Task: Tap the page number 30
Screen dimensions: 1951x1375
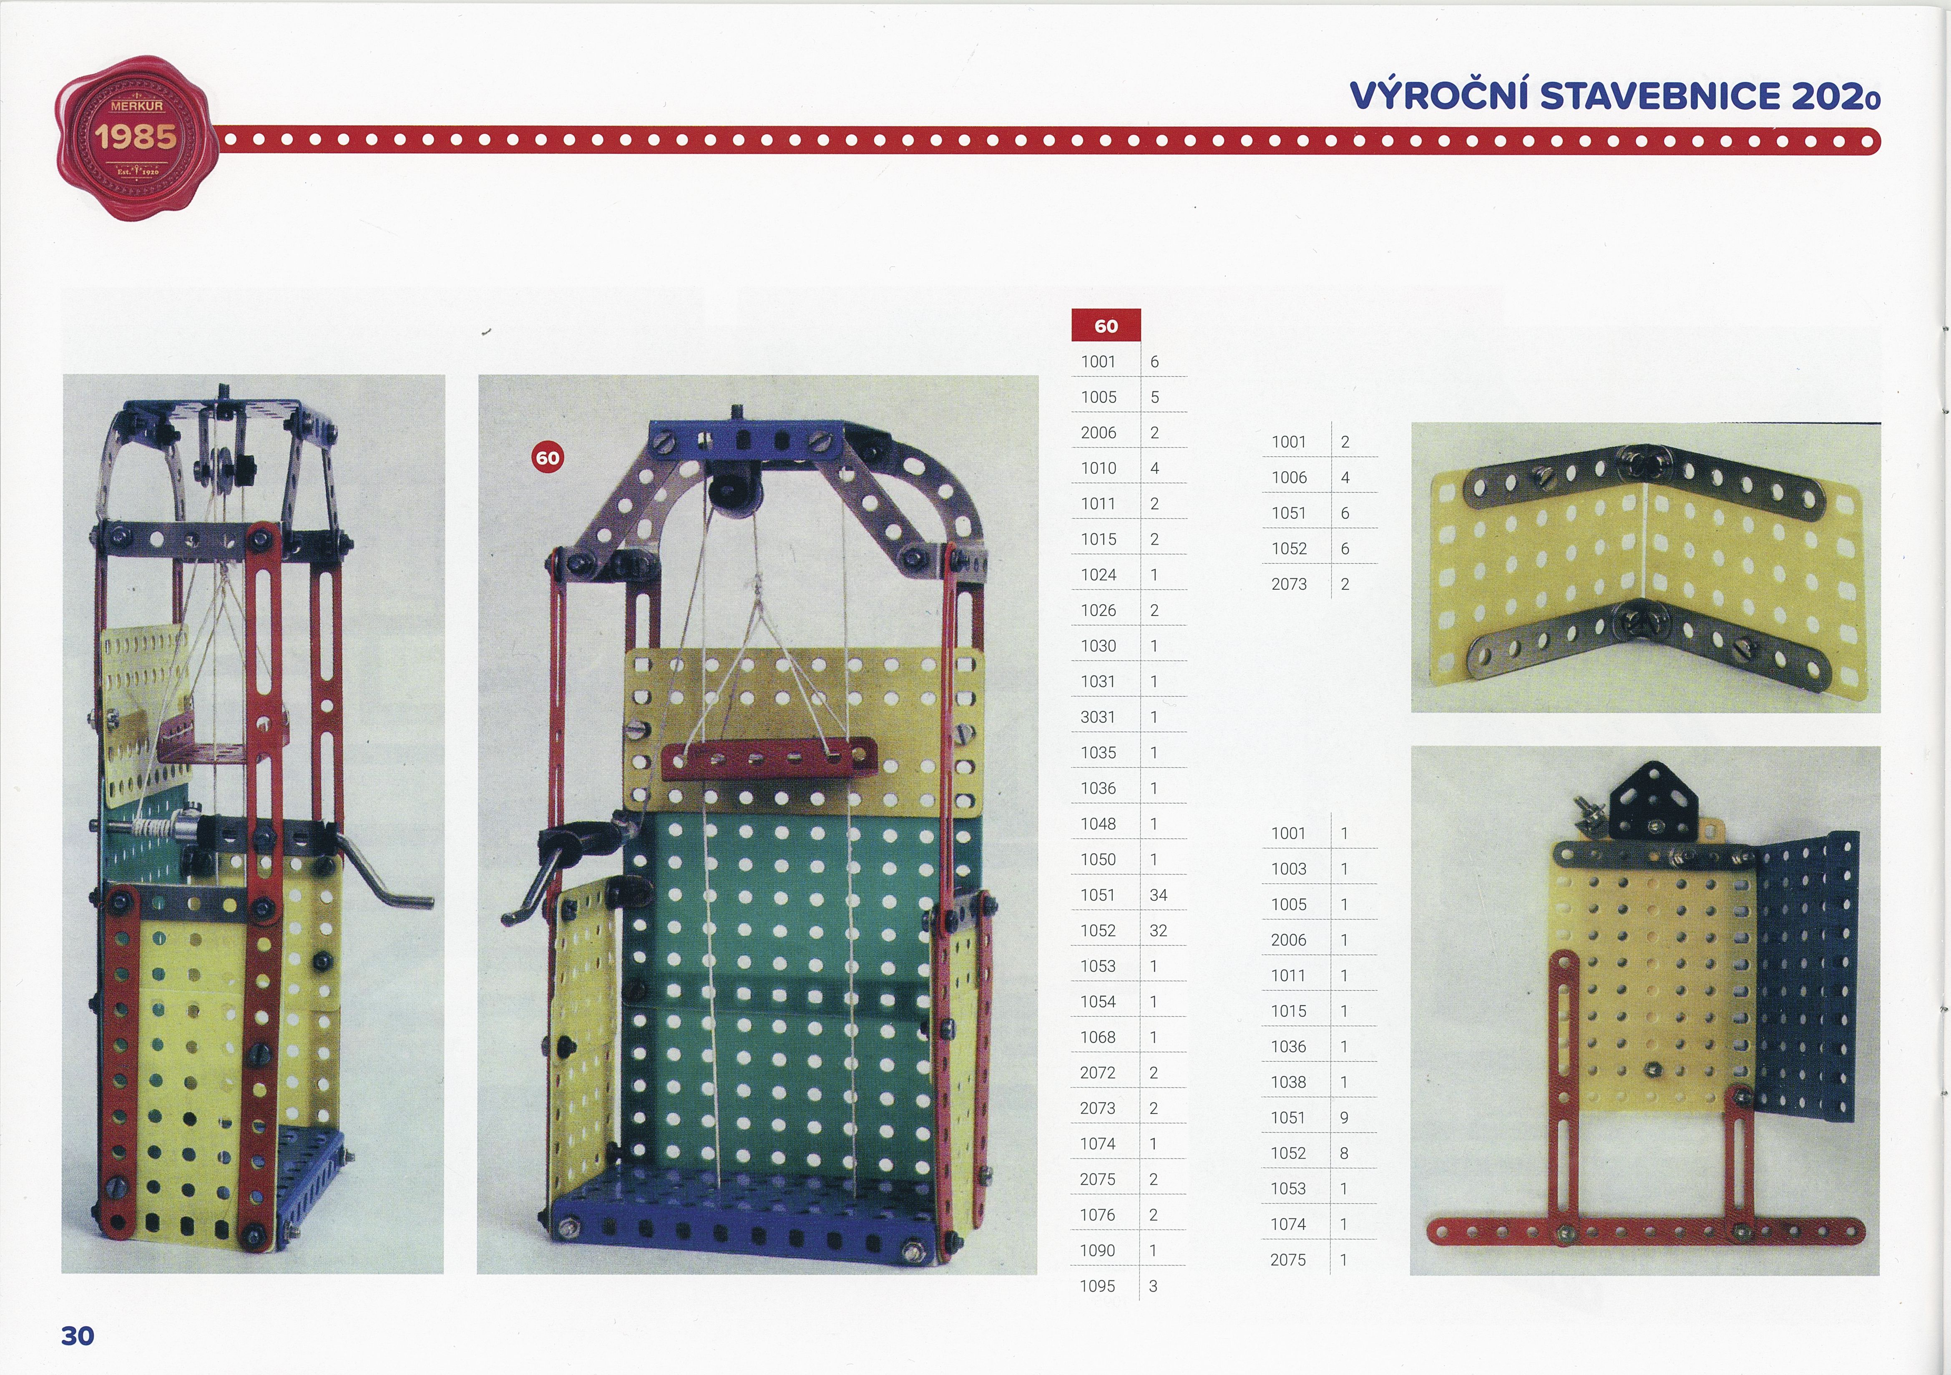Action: coord(77,1336)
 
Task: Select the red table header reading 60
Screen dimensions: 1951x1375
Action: coord(1106,325)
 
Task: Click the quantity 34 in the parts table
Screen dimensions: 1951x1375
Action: coord(1158,895)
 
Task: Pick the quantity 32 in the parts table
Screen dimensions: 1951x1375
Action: coord(1158,930)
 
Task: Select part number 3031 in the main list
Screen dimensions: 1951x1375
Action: coord(1098,717)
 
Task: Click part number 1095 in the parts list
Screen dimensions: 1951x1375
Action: coord(1097,1286)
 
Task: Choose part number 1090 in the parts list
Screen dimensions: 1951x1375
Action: coord(1097,1250)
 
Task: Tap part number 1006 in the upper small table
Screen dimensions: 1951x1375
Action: coord(1289,478)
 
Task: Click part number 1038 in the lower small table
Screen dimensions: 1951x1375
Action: coord(1288,1082)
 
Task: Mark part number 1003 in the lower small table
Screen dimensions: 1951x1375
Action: coord(1288,869)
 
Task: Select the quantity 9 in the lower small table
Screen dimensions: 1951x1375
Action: coord(1344,1118)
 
